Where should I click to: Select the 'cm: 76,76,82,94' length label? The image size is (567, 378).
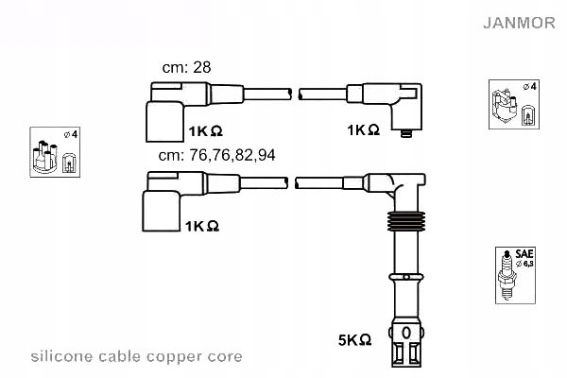(217, 156)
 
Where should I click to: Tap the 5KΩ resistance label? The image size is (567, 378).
(354, 338)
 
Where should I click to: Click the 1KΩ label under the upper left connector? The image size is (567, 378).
(205, 129)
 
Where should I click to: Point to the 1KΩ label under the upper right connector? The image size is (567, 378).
(363, 129)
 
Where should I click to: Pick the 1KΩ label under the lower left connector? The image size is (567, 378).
(203, 227)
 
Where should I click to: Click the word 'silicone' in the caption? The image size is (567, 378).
(60, 357)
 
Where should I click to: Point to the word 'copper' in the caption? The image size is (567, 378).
(173, 357)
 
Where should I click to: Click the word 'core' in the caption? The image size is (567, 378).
(224, 357)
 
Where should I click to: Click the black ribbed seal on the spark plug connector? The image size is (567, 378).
(404, 223)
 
